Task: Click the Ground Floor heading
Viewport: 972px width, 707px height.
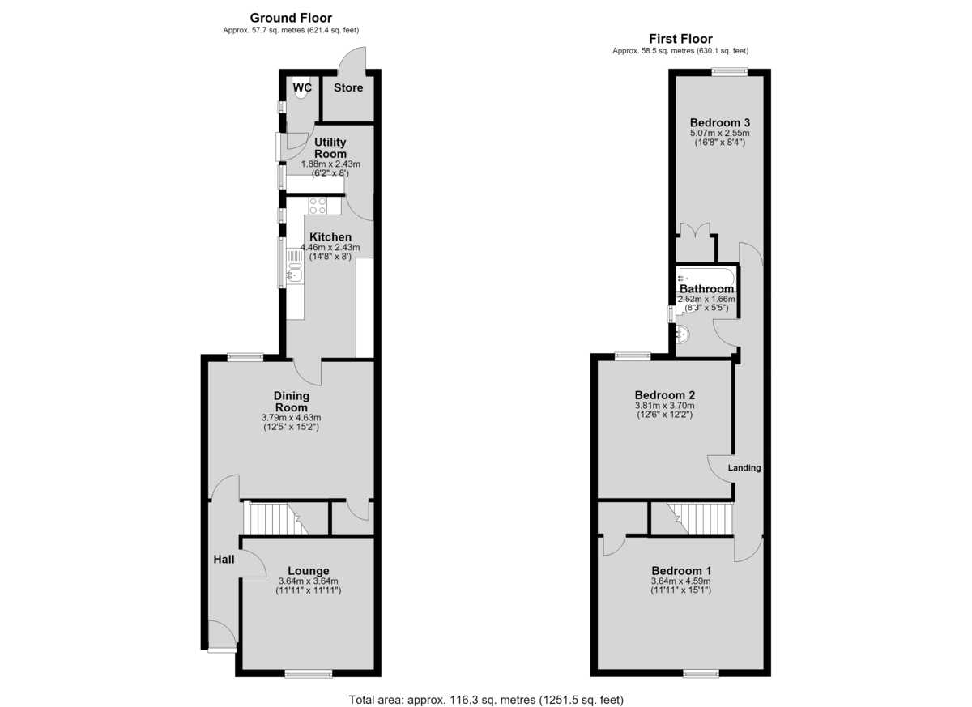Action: [291, 18]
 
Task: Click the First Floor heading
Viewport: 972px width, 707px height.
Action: [680, 39]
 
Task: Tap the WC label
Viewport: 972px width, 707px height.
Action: [302, 87]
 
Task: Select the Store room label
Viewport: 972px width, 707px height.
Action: [348, 87]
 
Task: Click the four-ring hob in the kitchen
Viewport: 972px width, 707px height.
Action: [318, 206]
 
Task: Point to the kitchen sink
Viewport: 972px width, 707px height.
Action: [295, 272]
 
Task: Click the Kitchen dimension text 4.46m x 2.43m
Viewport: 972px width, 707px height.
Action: [330, 248]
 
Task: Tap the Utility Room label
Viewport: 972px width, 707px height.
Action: [330, 148]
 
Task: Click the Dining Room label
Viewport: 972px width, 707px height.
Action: [291, 402]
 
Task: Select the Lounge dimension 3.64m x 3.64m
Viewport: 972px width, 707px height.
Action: [308, 581]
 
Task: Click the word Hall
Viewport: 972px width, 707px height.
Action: [224, 560]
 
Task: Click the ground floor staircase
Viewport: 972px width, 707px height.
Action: [275, 518]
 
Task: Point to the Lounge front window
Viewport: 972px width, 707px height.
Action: [309, 674]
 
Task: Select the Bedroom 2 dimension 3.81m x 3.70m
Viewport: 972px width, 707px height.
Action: [665, 406]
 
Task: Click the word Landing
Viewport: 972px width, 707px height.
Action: [744, 467]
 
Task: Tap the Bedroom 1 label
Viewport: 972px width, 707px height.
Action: [681, 571]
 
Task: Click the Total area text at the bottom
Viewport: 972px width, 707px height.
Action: [486, 688]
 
